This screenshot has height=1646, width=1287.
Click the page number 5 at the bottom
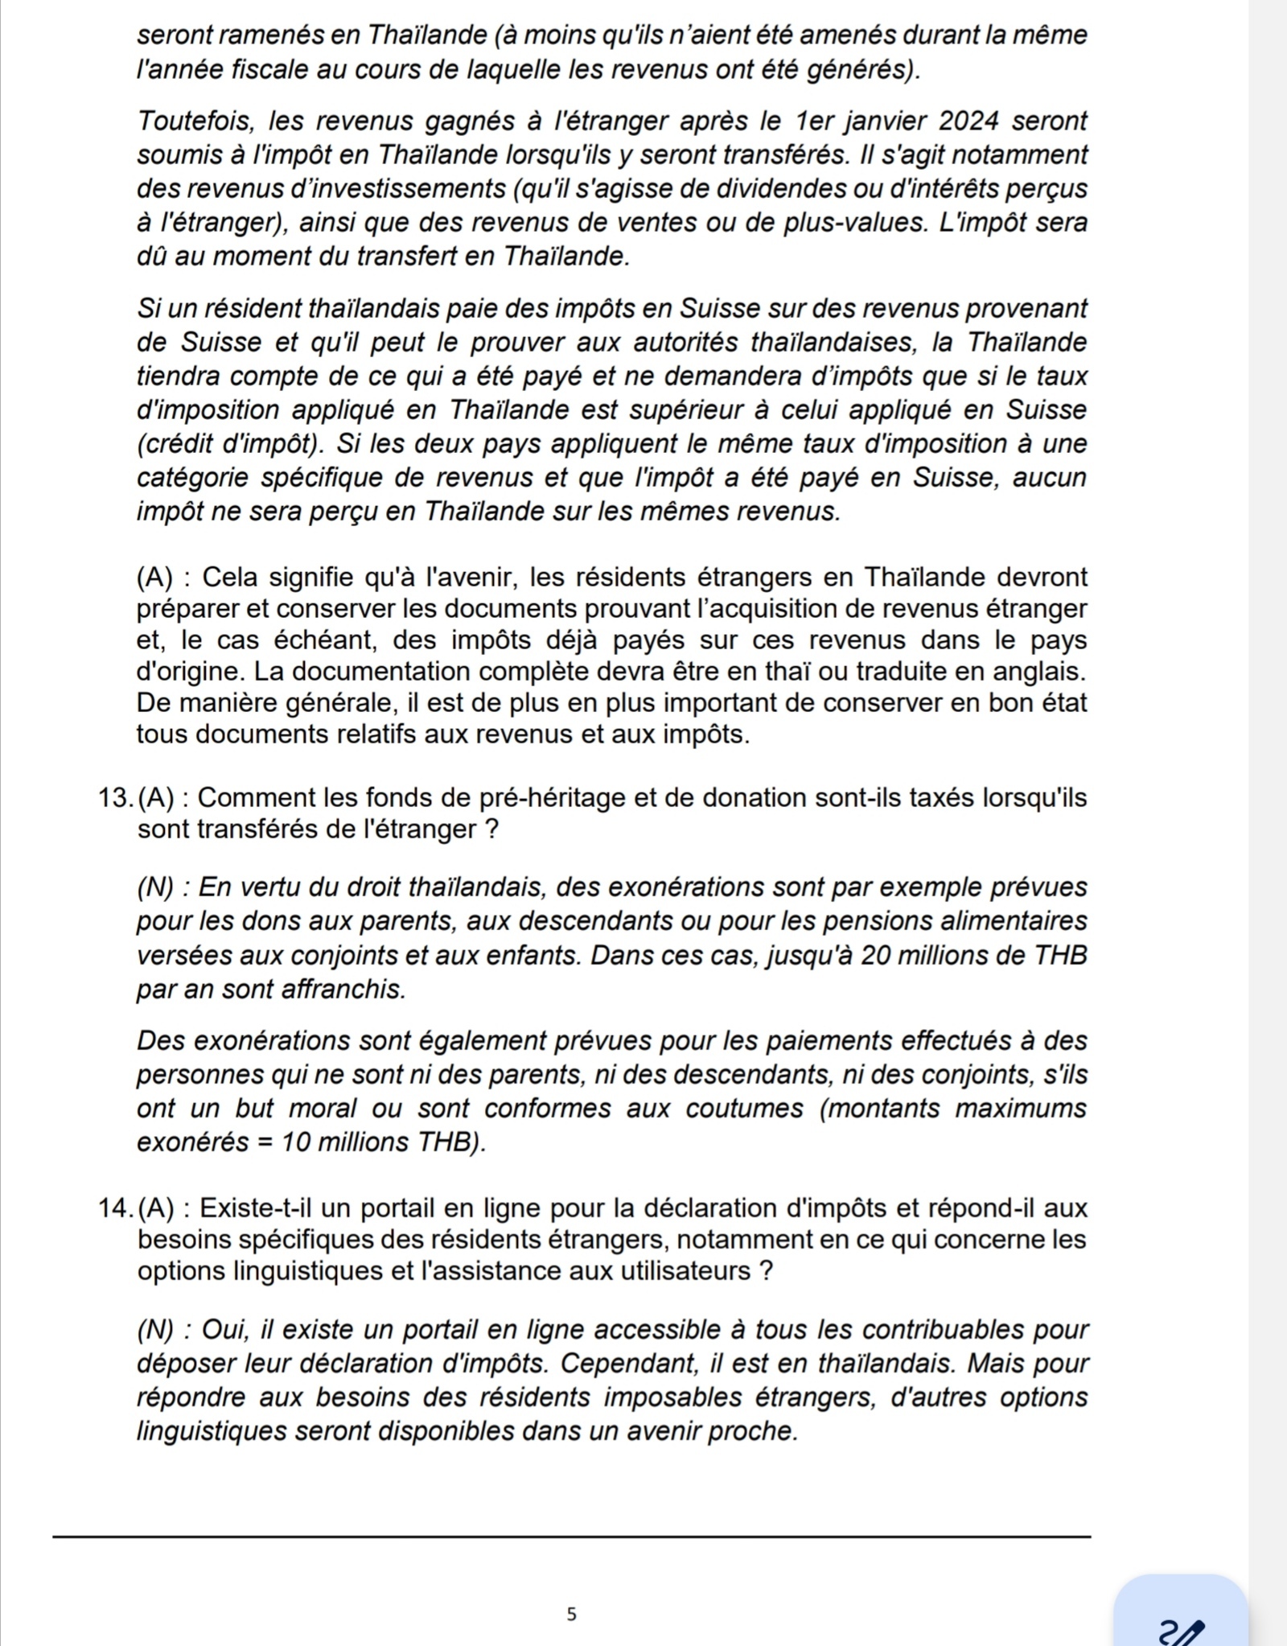(572, 1613)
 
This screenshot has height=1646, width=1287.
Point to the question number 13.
(115, 798)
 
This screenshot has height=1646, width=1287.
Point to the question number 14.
(115, 1208)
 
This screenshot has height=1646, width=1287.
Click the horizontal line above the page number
(572, 1537)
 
